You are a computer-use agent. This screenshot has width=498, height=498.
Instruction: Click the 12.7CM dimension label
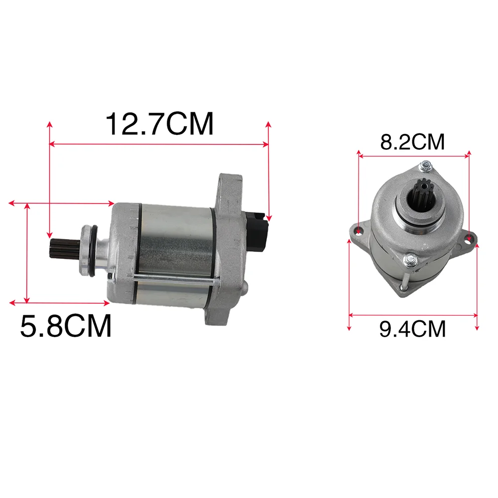point(159,124)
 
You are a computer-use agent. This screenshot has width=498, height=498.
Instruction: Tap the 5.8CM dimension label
point(66,326)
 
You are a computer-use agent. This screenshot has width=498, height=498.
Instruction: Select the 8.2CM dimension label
point(412,142)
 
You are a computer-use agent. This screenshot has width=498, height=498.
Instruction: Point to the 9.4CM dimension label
point(412,329)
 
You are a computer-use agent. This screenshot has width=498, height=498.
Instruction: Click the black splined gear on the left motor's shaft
point(64,249)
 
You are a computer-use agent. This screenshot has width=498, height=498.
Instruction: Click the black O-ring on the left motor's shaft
point(92,251)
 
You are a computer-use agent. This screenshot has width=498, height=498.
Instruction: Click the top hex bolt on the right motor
point(425,166)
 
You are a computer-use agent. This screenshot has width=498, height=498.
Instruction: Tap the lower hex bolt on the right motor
point(410,260)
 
